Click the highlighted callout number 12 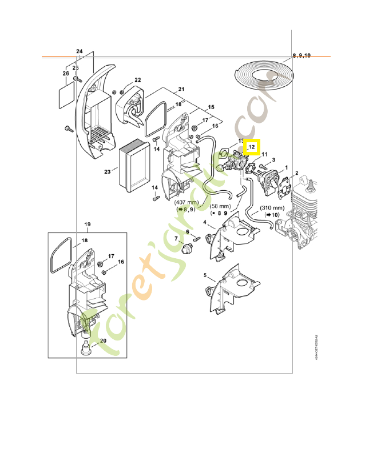pos(252,147)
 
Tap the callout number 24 pos(80,52)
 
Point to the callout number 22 pos(137,80)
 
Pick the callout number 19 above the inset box pos(88,223)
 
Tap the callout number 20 pos(103,341)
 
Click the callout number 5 pos(205,275)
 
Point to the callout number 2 pos(296,173)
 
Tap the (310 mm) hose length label pos(272,207)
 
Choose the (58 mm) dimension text pos(221,206)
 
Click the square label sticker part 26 pos(67,93)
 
